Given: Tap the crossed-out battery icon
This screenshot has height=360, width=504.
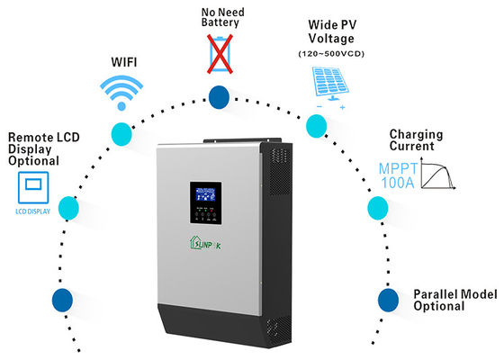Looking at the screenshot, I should coord(219,52).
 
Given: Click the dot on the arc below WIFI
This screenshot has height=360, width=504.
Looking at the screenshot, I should coord(121,134).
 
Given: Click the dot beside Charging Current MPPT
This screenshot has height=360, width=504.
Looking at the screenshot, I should coord(376,211).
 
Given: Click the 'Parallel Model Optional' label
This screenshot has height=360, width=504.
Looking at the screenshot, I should coord(450,300).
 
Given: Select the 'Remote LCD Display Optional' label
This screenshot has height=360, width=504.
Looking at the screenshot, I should coord(33,149).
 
